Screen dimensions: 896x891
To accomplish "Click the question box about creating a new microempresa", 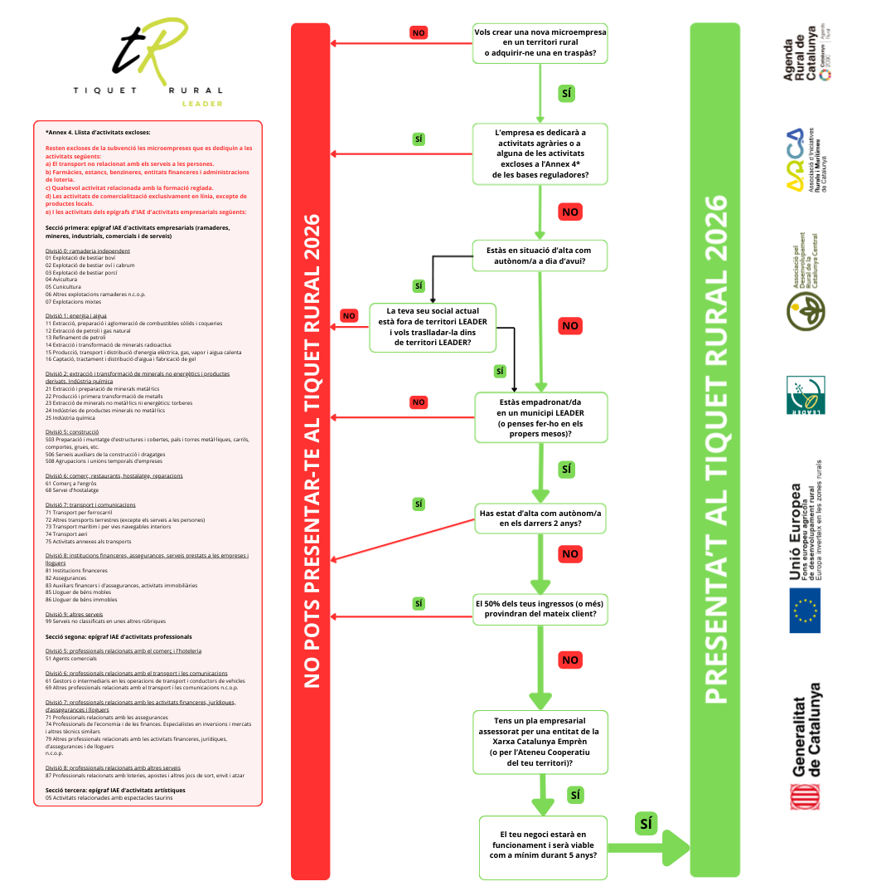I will click(540, 43).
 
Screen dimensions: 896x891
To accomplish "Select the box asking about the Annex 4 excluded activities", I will click(540, 153).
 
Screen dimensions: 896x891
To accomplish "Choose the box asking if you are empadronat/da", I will click(540, 417).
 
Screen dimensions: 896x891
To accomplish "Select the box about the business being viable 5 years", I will click(543, 847).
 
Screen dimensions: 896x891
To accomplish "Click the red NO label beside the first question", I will click(419, 32).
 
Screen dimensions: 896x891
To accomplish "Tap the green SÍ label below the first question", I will click(566, 93).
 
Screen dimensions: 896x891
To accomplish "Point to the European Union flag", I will click(804, 610).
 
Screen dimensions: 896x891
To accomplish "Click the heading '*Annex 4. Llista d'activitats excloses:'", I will click(98, 132).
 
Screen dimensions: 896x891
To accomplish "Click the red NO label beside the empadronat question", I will click(419, 402).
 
